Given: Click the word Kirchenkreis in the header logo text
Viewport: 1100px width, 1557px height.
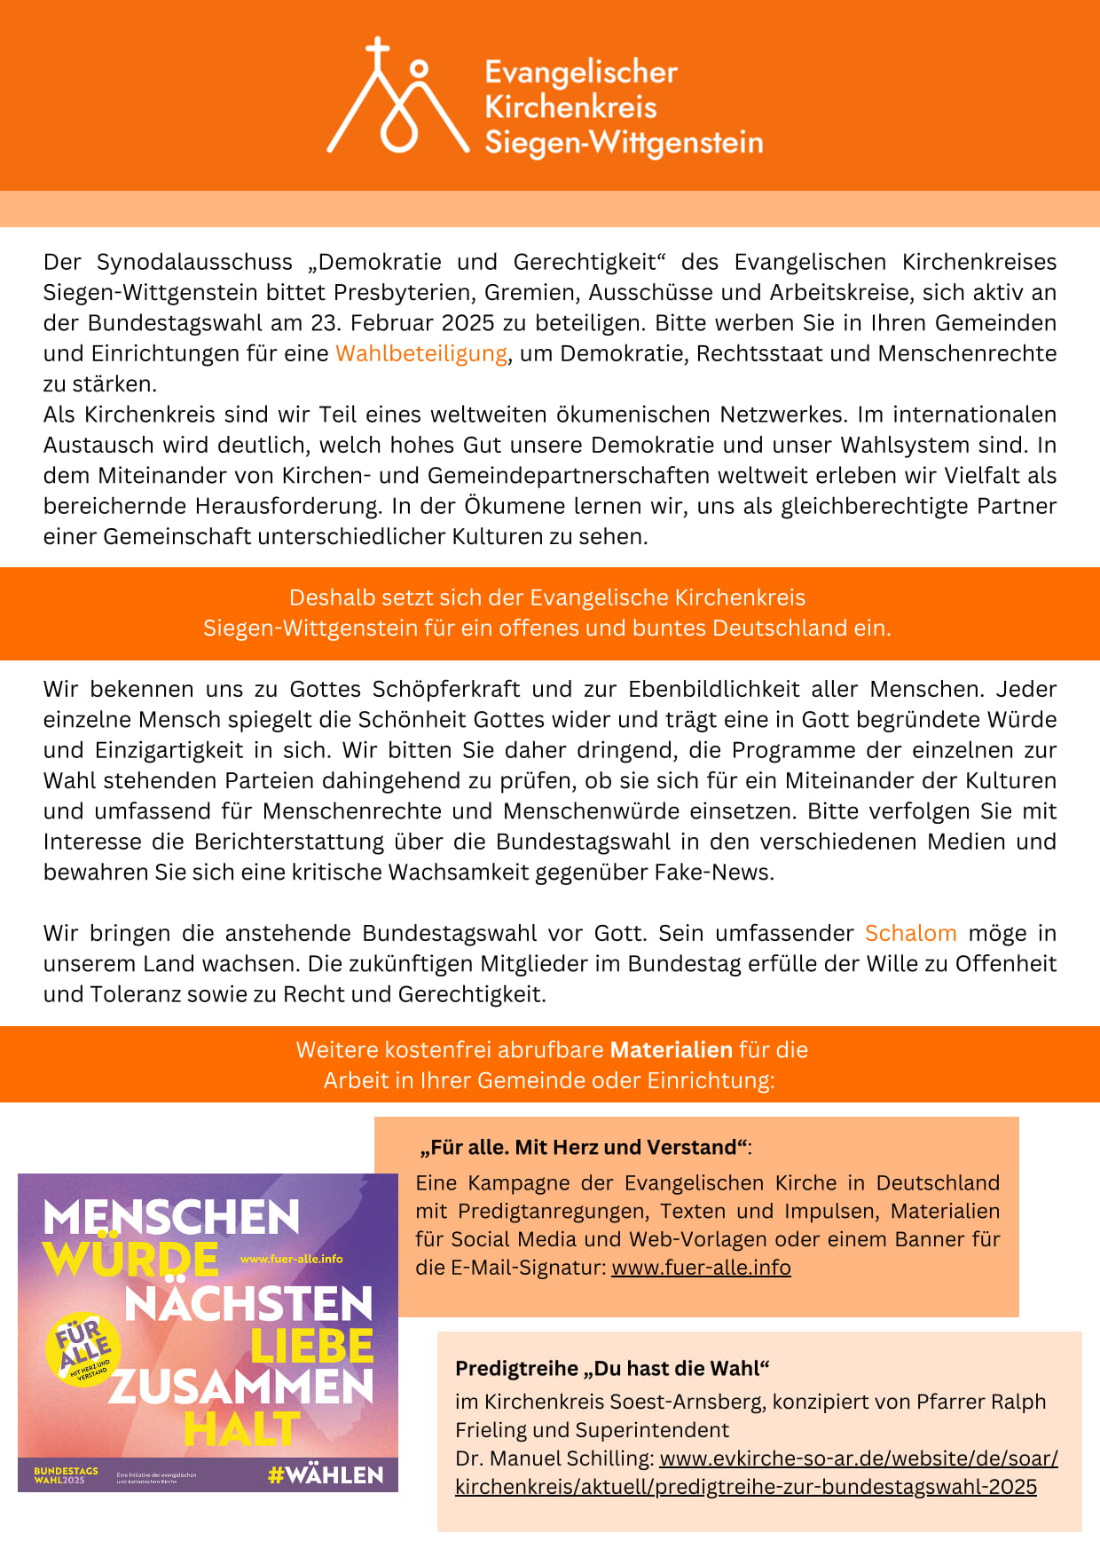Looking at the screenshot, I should [x=570, y=107].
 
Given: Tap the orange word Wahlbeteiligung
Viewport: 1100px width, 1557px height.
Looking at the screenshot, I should [x=421, y=353].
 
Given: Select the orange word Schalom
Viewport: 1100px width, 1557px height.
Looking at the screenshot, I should [x=910, y=933].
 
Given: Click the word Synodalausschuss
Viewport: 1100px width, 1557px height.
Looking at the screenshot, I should [x=194, y=262].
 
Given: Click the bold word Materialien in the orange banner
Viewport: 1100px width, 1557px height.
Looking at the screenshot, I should [x=671, y=1050].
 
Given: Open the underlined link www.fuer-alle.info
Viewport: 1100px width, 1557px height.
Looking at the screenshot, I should [x=701, y=1268].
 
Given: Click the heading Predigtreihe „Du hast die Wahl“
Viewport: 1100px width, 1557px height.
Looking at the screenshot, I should [x=612, y=1368].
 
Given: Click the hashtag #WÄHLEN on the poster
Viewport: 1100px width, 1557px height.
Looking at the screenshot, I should [x=326, y=1475].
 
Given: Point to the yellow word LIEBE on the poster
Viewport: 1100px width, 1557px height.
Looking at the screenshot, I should [x=312, y=1346].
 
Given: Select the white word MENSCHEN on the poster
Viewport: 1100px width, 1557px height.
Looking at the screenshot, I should [x=171, y=1217].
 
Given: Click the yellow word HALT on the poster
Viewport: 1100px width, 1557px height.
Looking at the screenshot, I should [x=241, y=1429].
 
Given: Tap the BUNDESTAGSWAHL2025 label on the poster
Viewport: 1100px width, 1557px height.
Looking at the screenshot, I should [x=66, y=1475].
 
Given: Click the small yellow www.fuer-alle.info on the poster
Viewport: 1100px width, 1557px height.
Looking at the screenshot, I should [x=291, y=1259].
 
